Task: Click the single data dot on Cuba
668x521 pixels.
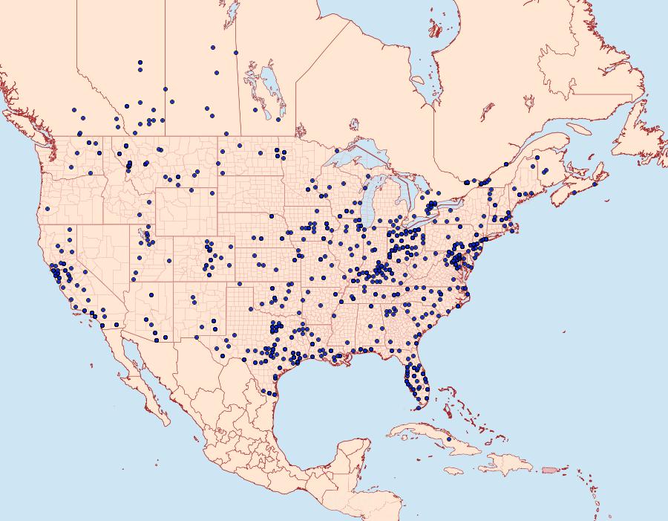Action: click(448, 439)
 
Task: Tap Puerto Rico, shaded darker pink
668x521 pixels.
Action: click(550, 470)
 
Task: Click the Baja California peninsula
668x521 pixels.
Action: click(145, 386)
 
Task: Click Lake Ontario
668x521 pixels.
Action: click(445, 201)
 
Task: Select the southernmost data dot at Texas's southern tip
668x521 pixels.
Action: click(274, 393)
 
